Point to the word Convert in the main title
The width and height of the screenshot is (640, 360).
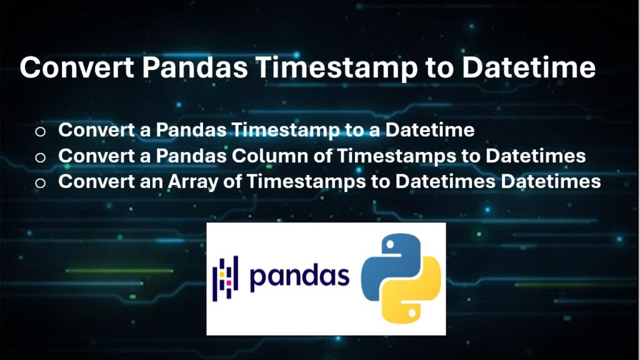pos(76,67)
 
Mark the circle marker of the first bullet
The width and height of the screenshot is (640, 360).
pos(41,131)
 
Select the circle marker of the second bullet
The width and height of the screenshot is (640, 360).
pos(41,157)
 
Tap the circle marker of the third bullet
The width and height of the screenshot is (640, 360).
pos(41,182)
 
